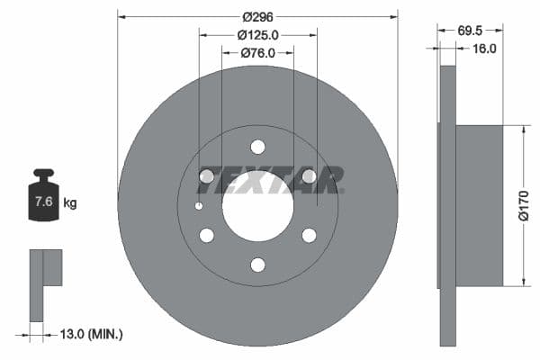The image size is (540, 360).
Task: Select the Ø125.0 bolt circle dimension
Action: (x=257, y=34)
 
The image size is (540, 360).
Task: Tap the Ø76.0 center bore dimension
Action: (x=257, y=54)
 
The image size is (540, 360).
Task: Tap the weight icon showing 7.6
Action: (x=43, y=200)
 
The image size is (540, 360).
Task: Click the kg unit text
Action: (x=70, y=203)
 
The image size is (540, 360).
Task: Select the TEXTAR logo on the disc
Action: (x=270, y=180)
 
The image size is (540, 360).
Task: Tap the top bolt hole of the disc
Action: (x=257, y=147)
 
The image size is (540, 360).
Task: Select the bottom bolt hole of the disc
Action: (x=257, y=265)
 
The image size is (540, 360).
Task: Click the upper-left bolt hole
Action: (x=206, y=176)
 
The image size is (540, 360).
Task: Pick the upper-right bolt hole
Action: (x=309, y=176)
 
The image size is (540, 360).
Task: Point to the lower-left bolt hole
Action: (x=206, y=235)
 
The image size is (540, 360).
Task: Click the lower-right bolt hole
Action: (x=309, y=235)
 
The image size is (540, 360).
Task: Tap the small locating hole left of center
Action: (x=199, y=206)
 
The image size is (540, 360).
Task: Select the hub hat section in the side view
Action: (x=479, y=205)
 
